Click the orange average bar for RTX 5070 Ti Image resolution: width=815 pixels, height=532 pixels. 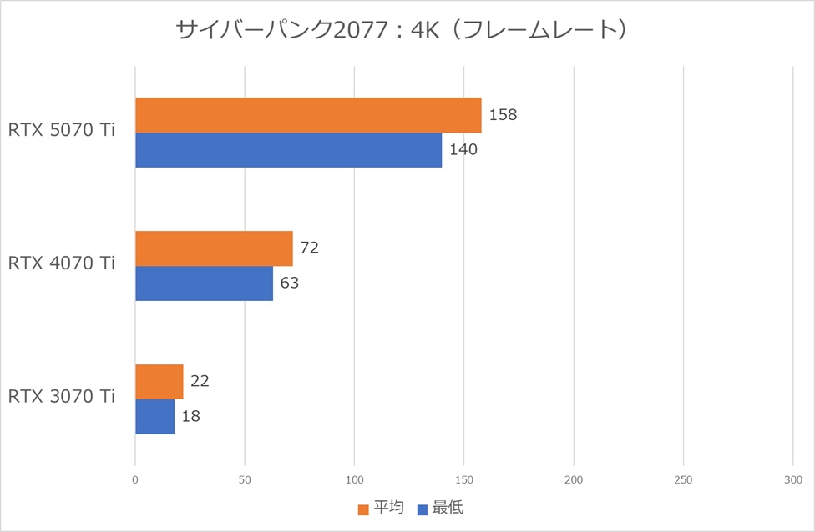(308, 115)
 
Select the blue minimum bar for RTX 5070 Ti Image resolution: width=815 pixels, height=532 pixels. (288, 150)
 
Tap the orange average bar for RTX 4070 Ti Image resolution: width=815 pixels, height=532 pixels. (214, 248)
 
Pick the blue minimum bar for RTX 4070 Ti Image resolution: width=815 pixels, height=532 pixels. (204, 284)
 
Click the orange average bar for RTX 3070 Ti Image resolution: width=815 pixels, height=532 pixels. (159, 382)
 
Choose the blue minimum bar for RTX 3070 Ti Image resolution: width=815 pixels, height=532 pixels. (154, 417)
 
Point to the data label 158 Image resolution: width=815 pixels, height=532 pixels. (503, 114)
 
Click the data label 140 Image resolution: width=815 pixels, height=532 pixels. (463, 149)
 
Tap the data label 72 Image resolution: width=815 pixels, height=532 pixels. (310, 248)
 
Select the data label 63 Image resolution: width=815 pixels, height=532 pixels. (289, 283)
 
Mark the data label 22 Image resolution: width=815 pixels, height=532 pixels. (200, 381)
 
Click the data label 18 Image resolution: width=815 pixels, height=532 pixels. (190, 416)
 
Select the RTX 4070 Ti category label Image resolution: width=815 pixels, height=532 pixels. (62, 263)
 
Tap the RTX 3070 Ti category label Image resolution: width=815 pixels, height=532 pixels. (62, 397)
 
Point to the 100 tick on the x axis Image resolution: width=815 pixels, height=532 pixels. (354, 480)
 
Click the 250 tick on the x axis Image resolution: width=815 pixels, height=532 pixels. (683, 480)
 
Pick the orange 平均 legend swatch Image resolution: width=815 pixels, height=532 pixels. (362, 509)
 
